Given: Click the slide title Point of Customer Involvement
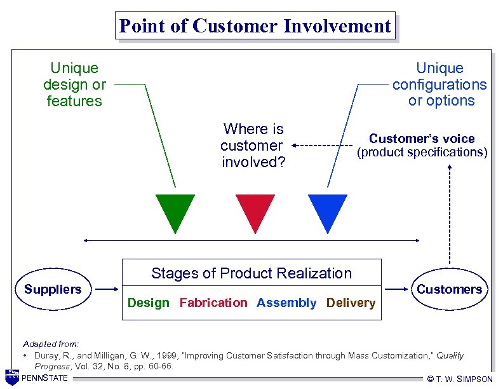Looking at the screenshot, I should click(255, 26).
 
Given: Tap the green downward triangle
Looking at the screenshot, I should click(175, 210).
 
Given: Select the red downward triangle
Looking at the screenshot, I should click(255, 210).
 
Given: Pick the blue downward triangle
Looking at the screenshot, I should click(328, 210).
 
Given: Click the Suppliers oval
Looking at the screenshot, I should click(53, 290).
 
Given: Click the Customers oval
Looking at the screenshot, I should click(449, 290).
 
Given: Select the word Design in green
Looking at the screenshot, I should click(149, 303).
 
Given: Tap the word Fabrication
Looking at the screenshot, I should click(213, 303).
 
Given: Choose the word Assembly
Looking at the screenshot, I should click(286, 303).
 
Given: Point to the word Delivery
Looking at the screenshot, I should click(351, 303).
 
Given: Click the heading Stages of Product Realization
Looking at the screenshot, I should click(251, 273).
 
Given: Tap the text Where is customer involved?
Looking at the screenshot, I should click(253, 146).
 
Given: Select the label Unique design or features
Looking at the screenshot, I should click(74, 85).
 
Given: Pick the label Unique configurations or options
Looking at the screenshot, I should click(440, 85).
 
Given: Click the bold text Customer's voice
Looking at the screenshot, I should click(422, 139).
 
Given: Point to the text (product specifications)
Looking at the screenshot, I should click(422, 152).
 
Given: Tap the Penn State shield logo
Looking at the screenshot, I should click(11, 377).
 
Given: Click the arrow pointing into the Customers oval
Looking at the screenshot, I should click(398, 290).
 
